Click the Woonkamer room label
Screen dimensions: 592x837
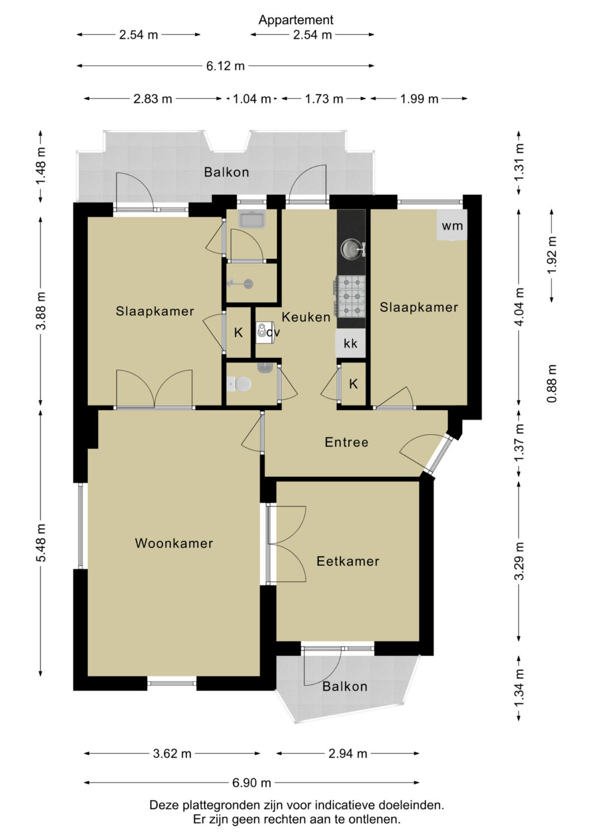[x=174, y=543]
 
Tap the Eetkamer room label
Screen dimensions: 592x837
[x=348, y=561]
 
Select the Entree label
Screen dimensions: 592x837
[x=346, y=442]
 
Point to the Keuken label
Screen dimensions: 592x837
[x=306, y=317]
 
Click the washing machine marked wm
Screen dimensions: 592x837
[x=453, y=225]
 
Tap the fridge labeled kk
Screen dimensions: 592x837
[x=350, y=343]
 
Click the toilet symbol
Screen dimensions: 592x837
[x=239, y=384]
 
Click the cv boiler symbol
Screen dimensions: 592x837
[x=264, y=331]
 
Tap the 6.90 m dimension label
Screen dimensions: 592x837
[x=252, y=782]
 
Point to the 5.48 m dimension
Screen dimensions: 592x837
[x=41, y=542]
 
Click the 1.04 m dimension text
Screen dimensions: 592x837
[x=252, y=99]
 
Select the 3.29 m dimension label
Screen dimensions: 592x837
[x=519, y=560]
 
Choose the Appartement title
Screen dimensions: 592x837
[x=296, y=20]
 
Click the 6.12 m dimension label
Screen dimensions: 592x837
[x=225, y=66]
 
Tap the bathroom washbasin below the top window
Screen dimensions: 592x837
[x=252, y=218]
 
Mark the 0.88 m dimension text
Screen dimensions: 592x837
[x=552, y=383]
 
